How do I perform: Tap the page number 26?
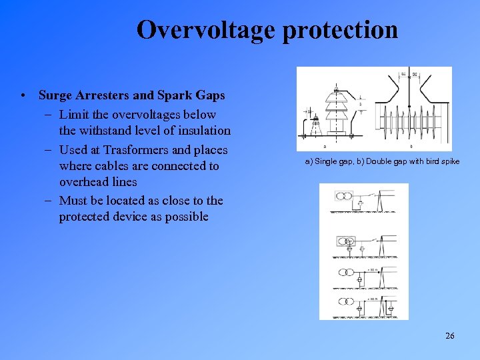449,336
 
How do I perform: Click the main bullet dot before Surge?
23,95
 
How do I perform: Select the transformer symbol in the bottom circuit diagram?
345,299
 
